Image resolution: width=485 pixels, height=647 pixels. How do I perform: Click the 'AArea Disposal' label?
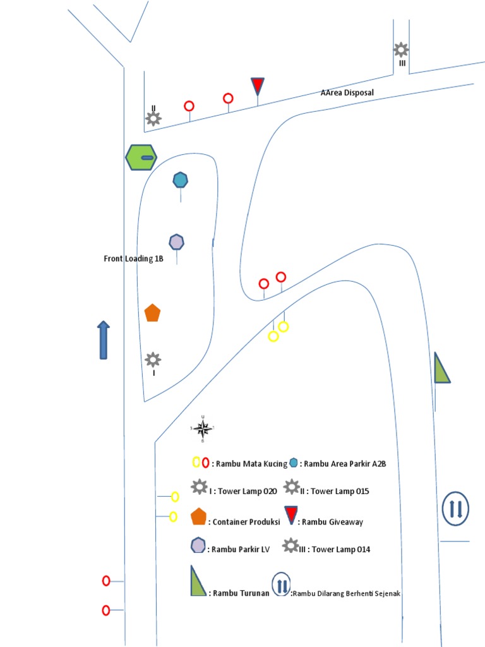(347, 93)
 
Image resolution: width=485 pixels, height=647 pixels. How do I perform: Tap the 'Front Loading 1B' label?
(133, 258)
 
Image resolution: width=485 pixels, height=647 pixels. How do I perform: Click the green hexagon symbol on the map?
(141, 157)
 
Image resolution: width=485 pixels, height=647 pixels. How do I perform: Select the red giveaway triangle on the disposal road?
(257, 86)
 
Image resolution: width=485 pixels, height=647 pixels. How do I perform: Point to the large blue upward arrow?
(104, 340)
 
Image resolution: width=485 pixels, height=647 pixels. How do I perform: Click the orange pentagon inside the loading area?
(152, 313)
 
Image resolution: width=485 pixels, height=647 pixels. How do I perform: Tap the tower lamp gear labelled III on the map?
(401, 49)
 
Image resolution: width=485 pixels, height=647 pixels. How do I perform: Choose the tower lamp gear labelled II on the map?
(153, 118)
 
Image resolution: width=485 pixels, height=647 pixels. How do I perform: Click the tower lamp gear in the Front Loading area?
(153, 360)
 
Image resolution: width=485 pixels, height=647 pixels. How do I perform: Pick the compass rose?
(203, 430)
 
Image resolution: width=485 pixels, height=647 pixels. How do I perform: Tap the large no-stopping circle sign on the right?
(455, 509)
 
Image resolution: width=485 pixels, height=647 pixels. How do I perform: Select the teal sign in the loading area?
(181, 180)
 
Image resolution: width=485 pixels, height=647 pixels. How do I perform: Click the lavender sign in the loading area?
(177, 242)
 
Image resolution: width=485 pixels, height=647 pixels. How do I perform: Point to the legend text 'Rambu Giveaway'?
(332, 522)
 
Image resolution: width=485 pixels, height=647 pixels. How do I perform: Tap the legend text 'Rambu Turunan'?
(241, 593)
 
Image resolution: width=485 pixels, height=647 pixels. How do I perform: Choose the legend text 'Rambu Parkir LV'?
(241, 549)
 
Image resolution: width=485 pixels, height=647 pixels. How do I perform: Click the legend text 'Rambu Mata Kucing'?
(249, 464)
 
